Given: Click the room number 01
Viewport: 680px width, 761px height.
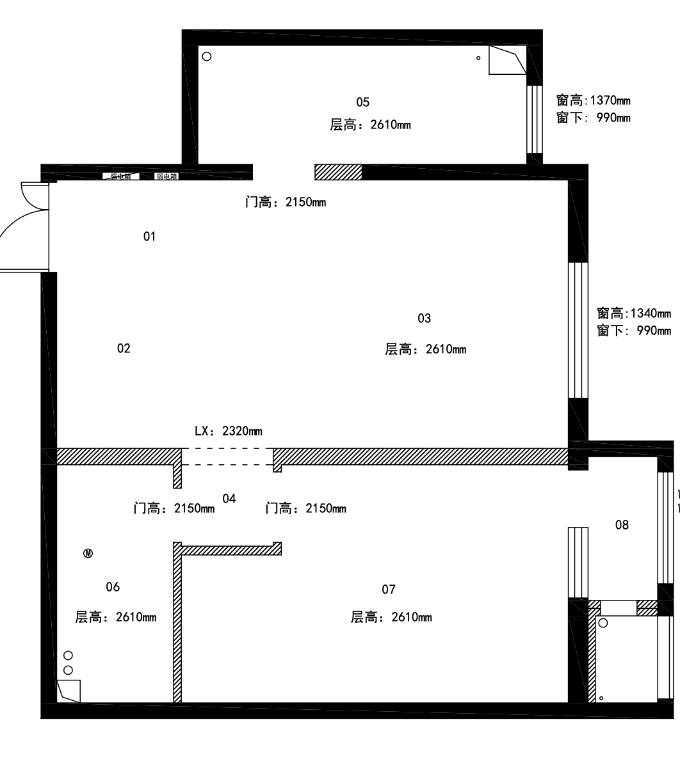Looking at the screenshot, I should point(149,237).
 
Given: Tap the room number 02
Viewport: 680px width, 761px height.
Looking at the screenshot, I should point(124,349).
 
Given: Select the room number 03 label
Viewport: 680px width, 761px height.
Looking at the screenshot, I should point(424,318).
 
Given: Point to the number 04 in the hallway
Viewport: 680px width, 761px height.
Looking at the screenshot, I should point(229,499).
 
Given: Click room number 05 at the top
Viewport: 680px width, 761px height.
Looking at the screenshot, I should point(362,102).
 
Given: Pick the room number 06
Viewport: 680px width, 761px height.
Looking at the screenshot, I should point(113,587).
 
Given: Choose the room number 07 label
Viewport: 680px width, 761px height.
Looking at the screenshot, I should point(389,590).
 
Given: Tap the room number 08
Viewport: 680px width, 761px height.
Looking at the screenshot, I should point(622,526).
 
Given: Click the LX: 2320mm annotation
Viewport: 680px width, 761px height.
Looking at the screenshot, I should point(228,432).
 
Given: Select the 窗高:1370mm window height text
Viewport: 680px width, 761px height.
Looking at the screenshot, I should point(594,100).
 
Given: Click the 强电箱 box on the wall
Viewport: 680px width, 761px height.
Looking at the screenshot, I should point(120,177).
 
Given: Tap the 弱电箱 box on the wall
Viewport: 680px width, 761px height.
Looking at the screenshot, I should point(166,177).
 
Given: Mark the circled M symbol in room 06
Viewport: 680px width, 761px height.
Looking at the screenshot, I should point(88,553).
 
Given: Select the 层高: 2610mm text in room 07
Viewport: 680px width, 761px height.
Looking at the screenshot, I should point(391,618).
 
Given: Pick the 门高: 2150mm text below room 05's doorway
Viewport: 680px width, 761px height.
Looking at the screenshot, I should point(286,203).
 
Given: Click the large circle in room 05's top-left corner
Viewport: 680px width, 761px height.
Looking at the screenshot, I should point(206,56).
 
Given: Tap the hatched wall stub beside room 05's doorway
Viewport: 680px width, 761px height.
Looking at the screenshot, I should point(338,171).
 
